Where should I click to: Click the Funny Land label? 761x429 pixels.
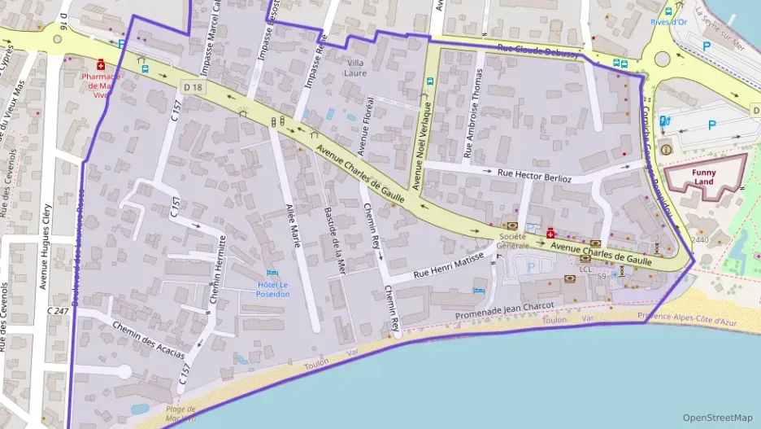(704, 177)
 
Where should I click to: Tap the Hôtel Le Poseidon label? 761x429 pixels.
(272, 289)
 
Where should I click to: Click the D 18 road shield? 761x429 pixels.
(193, 86)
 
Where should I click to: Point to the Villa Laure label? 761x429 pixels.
(356, 68)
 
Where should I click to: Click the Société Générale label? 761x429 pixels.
(513, 240)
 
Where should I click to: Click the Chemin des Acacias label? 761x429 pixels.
(149, 341)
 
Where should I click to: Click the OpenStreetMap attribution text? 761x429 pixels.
(718, 418)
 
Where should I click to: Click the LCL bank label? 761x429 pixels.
(586, 268)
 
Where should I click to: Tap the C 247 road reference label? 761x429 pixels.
(58, 311)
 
